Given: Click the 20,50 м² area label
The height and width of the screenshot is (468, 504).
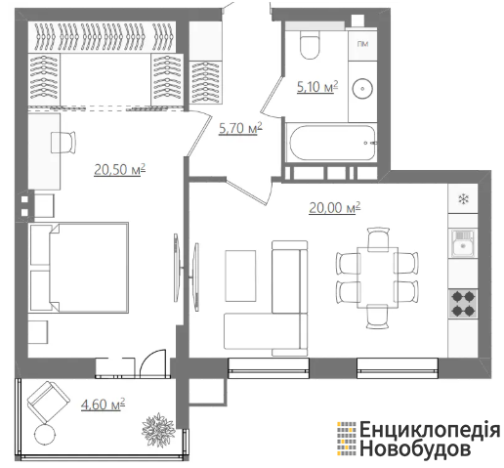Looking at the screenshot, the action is pos(119,170).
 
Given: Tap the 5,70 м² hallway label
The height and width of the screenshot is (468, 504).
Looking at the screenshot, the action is pos(240,128).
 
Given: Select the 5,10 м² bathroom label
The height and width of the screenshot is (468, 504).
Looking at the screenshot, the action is pos(317,87).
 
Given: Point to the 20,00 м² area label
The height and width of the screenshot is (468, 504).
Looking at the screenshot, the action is pos(335,207).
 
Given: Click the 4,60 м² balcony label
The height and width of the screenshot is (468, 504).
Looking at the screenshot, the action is pos(103,404).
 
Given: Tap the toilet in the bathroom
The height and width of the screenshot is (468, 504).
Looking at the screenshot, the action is pos(310,45).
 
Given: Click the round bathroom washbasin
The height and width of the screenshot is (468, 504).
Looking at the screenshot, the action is pos(362,88).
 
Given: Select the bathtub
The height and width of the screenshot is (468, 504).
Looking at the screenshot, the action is pos(331,143).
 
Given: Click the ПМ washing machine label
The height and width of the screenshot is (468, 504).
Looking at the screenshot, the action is pos(362,44).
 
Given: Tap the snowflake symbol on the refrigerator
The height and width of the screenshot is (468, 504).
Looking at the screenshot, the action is pos(463,199).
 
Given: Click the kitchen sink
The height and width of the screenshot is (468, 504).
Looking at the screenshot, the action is pos(463,243).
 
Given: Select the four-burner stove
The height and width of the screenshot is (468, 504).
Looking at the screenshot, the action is pos(463,304).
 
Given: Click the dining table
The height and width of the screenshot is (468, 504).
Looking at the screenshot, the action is pos(378,277).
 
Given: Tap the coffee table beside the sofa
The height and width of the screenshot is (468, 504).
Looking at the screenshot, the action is pos(240,276).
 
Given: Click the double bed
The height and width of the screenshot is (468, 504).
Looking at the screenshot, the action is pos(78,268).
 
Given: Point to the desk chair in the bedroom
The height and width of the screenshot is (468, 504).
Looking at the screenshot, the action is pos(63,142).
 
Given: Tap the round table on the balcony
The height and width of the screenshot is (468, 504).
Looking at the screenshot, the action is pos(45,434).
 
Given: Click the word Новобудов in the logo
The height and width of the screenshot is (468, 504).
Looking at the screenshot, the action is pos(415,448).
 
